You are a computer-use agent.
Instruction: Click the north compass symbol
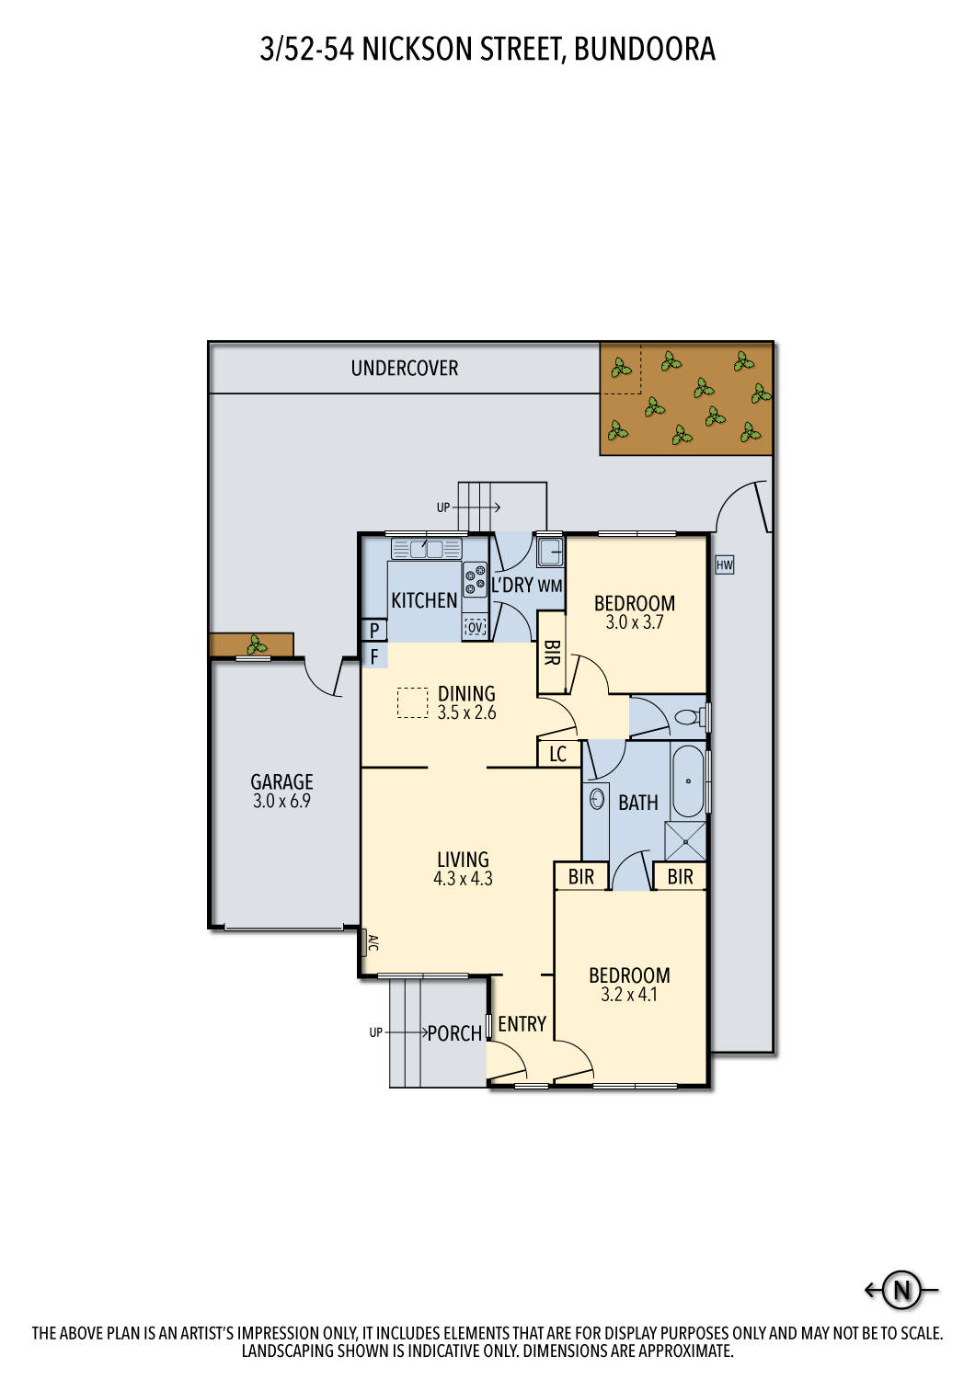tap(901, 1290)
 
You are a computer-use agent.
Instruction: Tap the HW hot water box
tap(725, 564)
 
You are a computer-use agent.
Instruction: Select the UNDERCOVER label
tap(405, 368)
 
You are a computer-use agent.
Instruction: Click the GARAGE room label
tap(281, 781)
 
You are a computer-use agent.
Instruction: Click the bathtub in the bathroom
tap(688, 781)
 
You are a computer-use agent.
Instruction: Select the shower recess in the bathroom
tap(685, 841)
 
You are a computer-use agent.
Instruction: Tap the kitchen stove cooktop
tap(475, 579)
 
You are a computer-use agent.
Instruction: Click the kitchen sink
tap(426, 550)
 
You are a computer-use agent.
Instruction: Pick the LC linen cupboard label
tap(558, 755)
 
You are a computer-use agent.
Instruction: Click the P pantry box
tap(374, 631)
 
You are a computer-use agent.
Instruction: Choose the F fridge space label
tap(374, 656)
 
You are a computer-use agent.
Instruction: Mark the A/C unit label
tap(372, 942)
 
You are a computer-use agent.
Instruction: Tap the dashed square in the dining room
tap(413, 702)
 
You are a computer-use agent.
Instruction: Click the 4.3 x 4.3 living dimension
tap(463, 879)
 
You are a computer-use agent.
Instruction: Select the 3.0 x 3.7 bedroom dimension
tap(635, 622)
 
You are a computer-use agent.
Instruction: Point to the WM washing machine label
tap(550, 586)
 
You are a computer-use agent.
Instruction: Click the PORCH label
tap(454, 1033)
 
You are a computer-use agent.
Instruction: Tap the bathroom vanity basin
tap(597, 798)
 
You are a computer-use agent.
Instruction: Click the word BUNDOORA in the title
tap(644, 49)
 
